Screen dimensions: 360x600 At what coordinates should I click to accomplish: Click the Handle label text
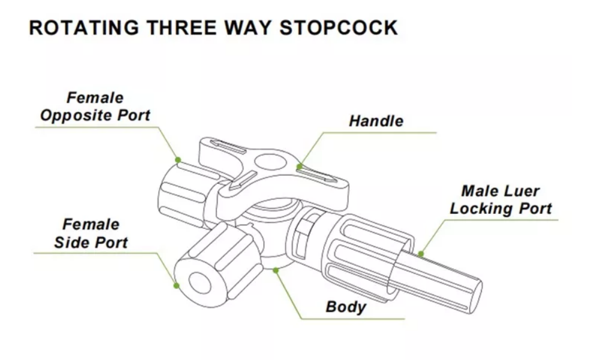pyautogui.click(x=376, y=121)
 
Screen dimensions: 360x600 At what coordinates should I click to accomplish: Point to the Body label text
pyautogui.click(x=345, y=307)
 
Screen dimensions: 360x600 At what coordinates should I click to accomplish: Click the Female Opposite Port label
pyautogui.click(x=95, y=107)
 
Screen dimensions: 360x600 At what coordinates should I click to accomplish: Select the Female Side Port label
pyautogui.click(x=91, y=234)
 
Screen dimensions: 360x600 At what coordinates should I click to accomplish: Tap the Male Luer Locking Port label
pyautogui.click(x=500, y=200)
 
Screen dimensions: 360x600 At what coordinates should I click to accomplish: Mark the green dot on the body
pyautogui.click(x=276, y=270)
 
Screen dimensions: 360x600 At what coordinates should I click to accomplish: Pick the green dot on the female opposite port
pyautogui.click(x=178, y=159)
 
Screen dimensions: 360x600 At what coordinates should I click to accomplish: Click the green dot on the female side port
pyautogui.click(x=176, y=286)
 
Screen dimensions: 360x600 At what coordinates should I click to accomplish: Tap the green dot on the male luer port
pyautogui.click(x=421, y=254)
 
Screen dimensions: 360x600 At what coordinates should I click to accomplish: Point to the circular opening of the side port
pyautogui.click(x=198, y=282)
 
